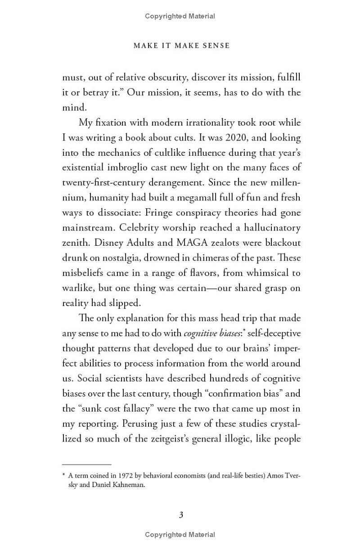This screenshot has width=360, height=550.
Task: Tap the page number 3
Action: (181, 515)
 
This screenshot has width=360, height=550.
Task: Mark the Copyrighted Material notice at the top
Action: (180, 16)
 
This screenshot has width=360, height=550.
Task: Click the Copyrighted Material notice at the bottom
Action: (180, 535)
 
